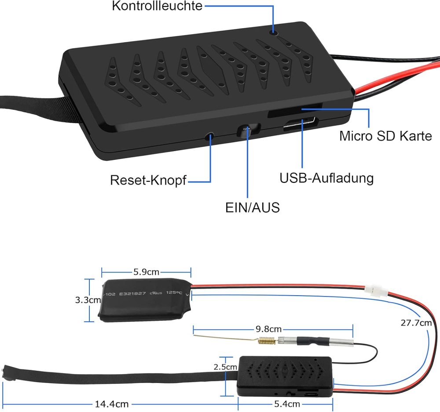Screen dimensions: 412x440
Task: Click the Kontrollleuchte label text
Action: [157, 6]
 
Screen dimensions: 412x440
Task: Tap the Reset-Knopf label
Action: [148, 180]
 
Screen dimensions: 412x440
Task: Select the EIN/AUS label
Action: [252, 207]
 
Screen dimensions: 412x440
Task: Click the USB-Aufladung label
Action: [326, 178]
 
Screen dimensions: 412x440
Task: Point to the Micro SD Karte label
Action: [385, 136]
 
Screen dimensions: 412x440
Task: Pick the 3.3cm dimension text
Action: [87, 300]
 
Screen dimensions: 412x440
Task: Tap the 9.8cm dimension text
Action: [269, 329]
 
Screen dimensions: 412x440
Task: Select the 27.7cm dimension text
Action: [416, 323]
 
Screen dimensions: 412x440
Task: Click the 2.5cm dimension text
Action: [225, 367]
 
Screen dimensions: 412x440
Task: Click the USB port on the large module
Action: [300, 126]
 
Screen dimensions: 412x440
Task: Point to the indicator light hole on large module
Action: [274, 31]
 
